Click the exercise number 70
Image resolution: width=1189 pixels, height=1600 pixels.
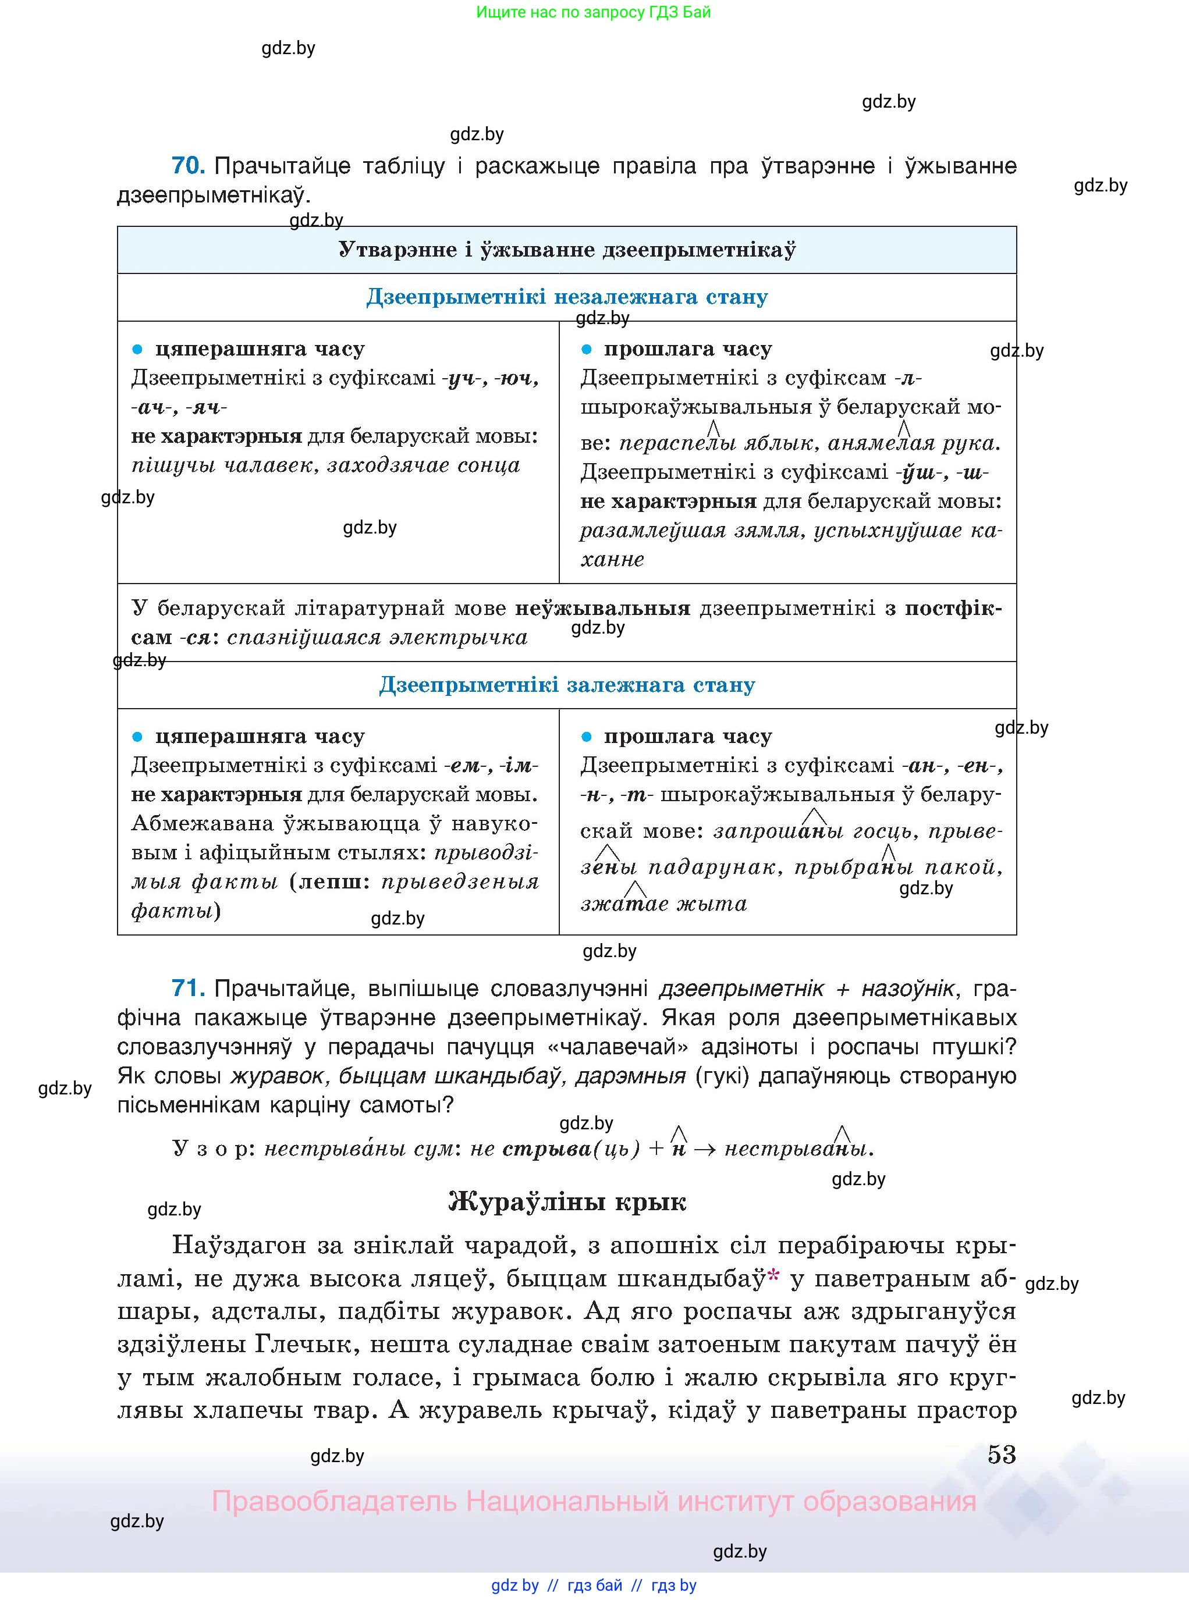pyautogui.click(x=188, y=166)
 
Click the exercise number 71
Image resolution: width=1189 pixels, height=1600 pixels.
pyautogui.click(x=188, y=989)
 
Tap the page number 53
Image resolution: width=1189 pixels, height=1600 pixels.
pyautogui.click(x=1001, y=1454)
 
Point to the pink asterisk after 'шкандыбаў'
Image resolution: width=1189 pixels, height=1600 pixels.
pyautogui.click(x=773, y=1275)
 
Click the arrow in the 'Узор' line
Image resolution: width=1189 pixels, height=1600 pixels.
pyautogui.click(x=705, y=1149)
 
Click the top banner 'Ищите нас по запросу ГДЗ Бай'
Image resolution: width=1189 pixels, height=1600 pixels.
pyautogui.click(x=593, y=12)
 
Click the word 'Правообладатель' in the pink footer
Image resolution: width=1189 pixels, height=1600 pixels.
pyautogui.click(x=334, y=1502)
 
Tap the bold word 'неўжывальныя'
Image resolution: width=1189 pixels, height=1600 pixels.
pyautogui.click(x=602, y=609)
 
